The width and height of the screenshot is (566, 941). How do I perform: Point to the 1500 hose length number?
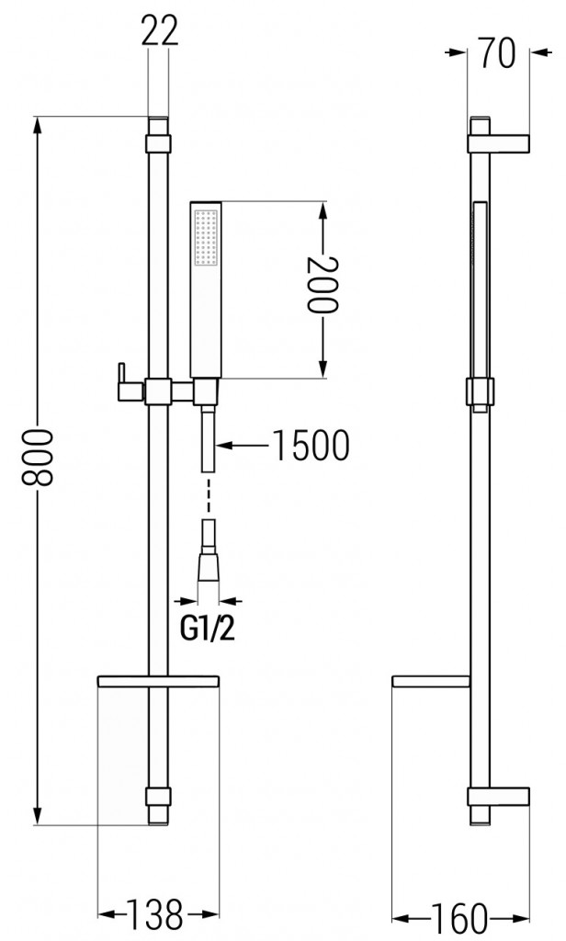pos(311,447)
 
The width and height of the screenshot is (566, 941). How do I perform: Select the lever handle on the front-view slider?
pos(125,383)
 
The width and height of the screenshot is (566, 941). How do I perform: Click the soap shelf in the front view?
pos(158,682)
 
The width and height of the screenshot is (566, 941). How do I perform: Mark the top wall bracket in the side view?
pos(500,142)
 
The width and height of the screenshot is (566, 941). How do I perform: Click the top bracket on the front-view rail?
pos(158,142)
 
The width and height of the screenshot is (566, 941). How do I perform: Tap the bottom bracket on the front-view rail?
pos(158,797)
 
